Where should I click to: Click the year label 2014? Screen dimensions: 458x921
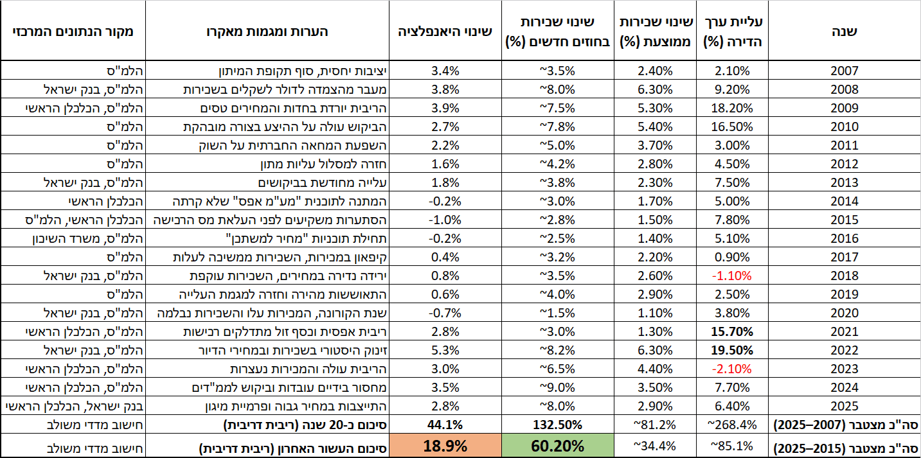845,201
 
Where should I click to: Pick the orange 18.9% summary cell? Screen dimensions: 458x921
445,446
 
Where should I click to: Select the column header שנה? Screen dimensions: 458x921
845,31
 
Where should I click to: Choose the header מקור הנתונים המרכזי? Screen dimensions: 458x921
73,31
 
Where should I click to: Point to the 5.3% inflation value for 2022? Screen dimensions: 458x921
445,350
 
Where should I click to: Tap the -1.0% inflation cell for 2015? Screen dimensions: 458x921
445,220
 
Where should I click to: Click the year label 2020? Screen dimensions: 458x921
845,313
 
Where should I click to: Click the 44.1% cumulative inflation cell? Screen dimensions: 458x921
445,425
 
